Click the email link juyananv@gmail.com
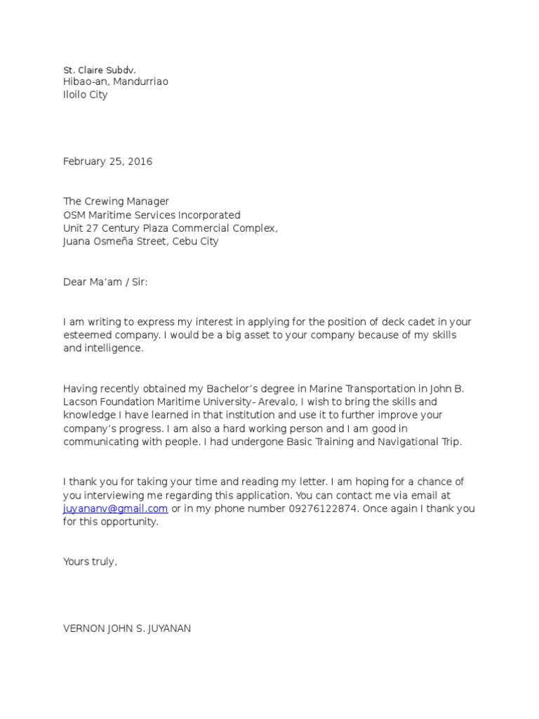(x=115, y=508)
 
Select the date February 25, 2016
(x=107, y=161)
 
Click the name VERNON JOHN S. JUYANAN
(x=126, y=628)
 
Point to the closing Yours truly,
(x=90, y=562)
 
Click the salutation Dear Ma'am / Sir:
(x=105, y=282)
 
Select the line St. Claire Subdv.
(x=99, y=70)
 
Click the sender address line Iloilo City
(x=85, y=95)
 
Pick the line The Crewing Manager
(x=116, y=202)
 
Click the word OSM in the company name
(x=74, y=215)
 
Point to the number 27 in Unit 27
(x=93, y=228)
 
